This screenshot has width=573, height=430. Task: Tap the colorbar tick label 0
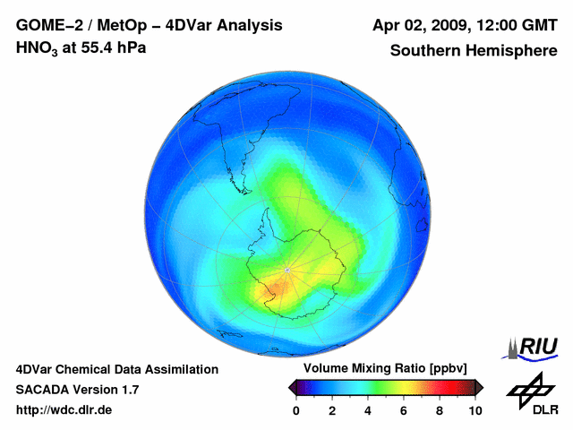pyautogui.click(x=296, y=410)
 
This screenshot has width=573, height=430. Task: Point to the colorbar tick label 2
pyautogui.click(x=332, y=410)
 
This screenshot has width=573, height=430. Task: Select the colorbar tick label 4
pyautogui.click(x=368, y=410)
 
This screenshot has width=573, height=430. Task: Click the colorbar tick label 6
pyautogui.click(x=404, y=410)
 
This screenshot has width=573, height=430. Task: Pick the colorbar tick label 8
pyautogui.click(x=440, y=410)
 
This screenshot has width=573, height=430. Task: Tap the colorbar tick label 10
pyautogui.click(x=475, y=410)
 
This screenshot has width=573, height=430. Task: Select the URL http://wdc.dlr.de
pyautogui.click(x=64, y=410)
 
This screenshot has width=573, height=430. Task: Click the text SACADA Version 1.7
pyautogui.click(x=77, y=390)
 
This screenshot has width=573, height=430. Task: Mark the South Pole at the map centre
pyautogui.click(x=286, y=269)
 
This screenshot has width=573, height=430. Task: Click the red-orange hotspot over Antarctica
pyautogui.click(x=273, y=288)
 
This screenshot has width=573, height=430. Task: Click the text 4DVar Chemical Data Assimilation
pyautogui.click(x=116, y=369)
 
